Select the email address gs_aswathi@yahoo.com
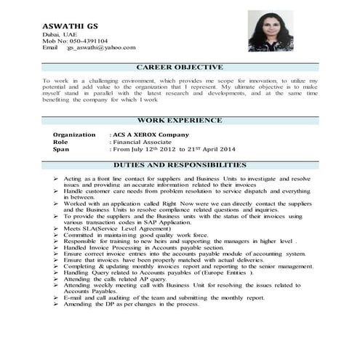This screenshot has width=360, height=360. click(x=101, y=47)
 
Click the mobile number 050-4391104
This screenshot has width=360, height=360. click(x=87, y=41)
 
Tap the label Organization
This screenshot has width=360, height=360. click(x=74, y=135)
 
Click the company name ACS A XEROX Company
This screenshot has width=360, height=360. click(x=149, y=135)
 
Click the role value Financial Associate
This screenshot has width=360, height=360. click(x=143, y=142)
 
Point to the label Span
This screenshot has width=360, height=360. click(x=63, y=149)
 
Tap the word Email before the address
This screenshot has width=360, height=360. click(x=50, y=47)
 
